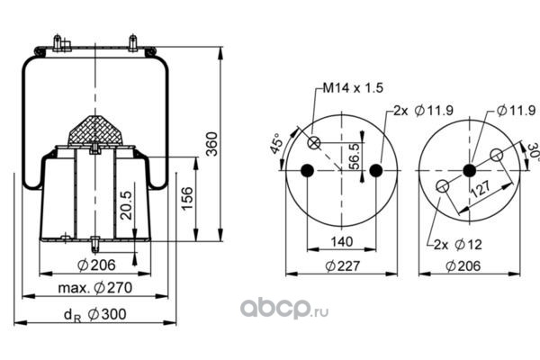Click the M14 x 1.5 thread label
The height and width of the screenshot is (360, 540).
point(353,88)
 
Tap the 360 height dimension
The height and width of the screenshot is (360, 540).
point(212,144)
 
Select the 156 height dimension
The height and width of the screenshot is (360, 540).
point(187,198)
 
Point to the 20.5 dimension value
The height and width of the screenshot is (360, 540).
point(126,205)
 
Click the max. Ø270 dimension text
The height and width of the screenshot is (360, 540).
point(95,288)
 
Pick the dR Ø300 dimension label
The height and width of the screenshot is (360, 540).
point(95,315)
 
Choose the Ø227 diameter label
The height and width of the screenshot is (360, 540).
point(342,266)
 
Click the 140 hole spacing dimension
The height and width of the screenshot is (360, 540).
point(342,241)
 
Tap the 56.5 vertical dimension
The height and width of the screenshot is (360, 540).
point(354,157)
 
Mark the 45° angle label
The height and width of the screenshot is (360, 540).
point(276,143)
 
